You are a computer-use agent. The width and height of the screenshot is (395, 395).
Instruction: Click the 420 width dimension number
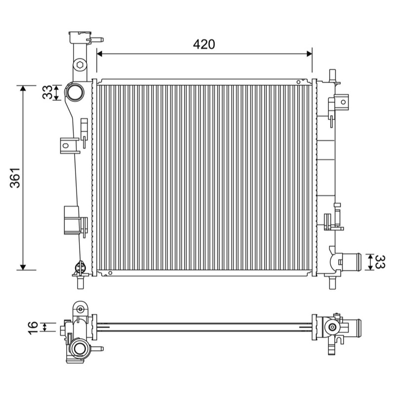204,44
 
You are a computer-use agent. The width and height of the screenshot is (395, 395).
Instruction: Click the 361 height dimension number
15,178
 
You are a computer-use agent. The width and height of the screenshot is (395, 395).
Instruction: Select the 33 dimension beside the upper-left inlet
47,92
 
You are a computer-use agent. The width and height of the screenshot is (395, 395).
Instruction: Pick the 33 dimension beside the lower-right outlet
380,262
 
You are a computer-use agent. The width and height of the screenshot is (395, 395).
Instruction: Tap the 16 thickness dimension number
33,328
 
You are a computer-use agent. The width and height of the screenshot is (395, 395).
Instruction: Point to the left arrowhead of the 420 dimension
100,54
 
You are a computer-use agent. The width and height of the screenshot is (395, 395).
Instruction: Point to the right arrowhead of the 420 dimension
309,54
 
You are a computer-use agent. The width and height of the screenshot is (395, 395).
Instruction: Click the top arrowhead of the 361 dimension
23,88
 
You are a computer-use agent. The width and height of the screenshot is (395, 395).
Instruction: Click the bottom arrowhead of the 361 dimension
23,267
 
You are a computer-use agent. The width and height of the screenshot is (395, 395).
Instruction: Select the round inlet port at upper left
75,92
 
